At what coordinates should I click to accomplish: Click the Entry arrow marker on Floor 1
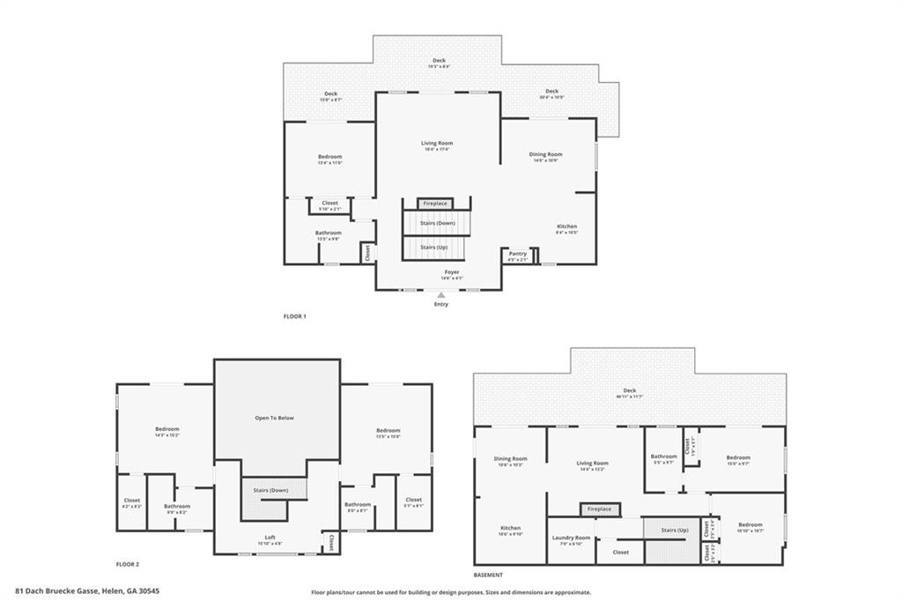click(441, 296)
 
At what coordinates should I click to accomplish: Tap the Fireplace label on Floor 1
click(435, 204)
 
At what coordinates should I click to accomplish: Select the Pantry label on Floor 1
click(518, 254)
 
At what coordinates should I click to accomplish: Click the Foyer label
click(452, 272)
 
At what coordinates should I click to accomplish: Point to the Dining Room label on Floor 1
click(545, 154)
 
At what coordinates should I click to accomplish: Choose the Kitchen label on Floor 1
click(566, 226)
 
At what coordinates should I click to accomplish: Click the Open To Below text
click(274, 418)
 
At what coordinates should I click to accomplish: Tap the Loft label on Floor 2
click(270, 538)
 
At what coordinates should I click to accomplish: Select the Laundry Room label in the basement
click(571, 538)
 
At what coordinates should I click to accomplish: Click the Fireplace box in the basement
click(600, 509)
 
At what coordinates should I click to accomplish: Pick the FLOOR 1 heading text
click(294, 316)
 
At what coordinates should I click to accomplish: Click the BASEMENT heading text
click(487, 574)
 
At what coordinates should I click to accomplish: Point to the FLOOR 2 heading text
click(128, 564)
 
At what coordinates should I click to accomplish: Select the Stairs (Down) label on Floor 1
click(437, 223)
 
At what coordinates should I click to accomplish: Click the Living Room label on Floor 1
click(436, 143)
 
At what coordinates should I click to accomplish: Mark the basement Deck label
click(629, 390)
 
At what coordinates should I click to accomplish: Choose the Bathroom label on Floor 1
click(329, 233)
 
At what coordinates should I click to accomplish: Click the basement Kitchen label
click(510, 528)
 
